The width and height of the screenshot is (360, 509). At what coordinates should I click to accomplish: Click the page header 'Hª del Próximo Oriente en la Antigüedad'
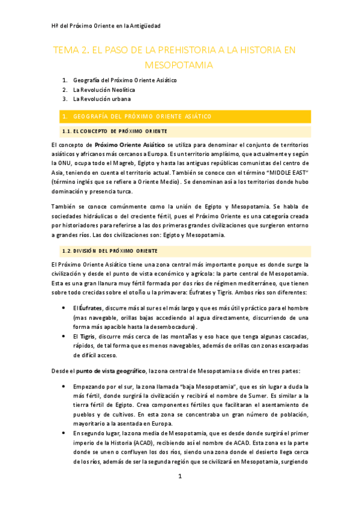(x=106, y=26)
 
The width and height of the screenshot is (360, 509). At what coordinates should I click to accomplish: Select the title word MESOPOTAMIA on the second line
(x=180, y=64)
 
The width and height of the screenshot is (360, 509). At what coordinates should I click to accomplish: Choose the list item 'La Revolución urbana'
(x=101, y=99)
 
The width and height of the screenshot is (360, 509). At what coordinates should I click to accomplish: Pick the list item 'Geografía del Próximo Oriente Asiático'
(x=125, y=80)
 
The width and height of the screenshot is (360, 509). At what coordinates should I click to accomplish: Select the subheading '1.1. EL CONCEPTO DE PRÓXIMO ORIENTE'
(x=115, y=131)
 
